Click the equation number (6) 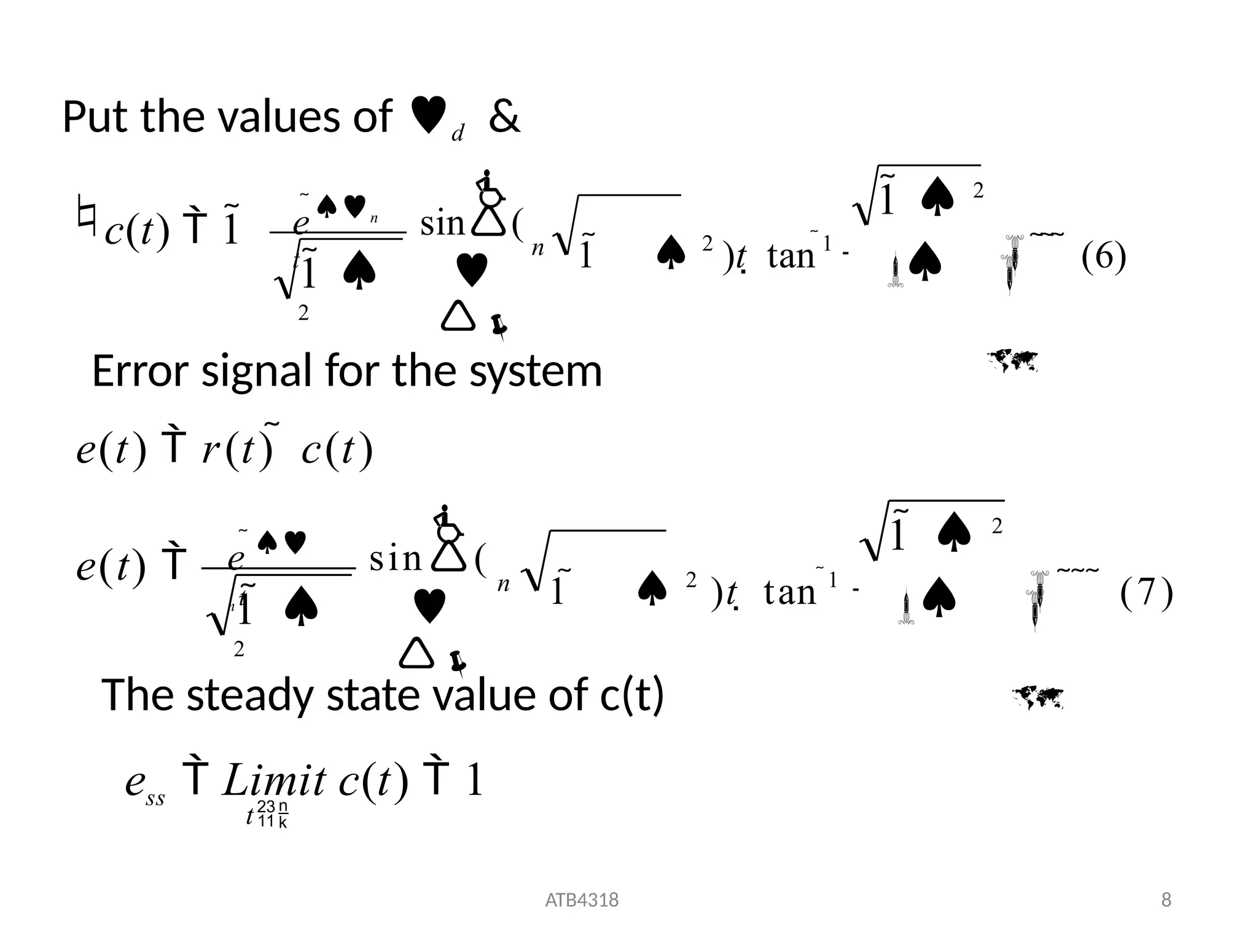(1103, 256)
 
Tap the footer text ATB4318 (582, 900)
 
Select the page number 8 (1166, 900)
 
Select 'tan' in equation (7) (790, 592)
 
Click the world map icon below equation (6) (1012, 360)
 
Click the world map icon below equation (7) (1037, 697)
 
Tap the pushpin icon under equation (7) (458, 663)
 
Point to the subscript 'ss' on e (155, 799)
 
